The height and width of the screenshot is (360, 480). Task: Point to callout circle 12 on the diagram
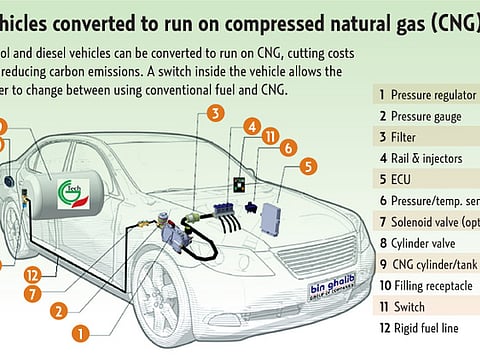click(32, 274)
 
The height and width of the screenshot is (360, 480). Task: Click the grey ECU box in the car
click(271, 210)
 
